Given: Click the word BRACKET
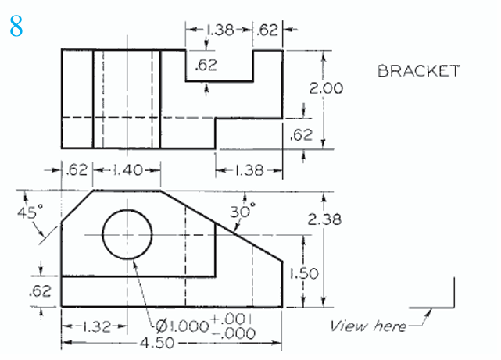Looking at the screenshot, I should click(x=418, y=71).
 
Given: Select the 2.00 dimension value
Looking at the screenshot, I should click(x=326, y=88).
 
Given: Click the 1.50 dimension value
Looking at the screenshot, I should click(x=303, y=273).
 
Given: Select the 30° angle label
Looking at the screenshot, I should click(x=244, y=211).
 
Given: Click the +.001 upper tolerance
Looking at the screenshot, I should click(x=234, y=319).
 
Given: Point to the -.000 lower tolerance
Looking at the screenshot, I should click(x=234, y=331).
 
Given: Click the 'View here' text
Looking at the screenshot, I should click(x=368, y=325).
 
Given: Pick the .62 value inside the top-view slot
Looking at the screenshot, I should click(x=206, y=66).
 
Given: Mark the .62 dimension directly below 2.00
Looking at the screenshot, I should click(x=301, y=134).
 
